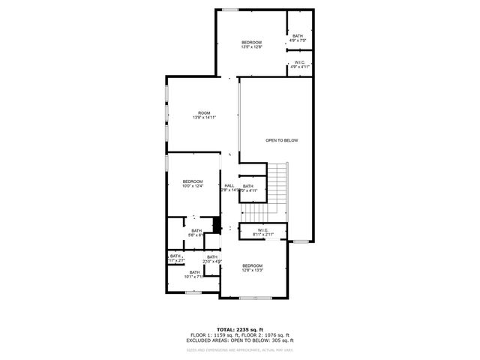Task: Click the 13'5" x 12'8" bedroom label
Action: click(252, 44)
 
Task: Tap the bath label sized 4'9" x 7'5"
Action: click(298, 37)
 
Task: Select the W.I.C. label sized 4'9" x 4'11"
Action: click(299, 64)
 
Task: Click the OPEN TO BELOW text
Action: click(282, 140)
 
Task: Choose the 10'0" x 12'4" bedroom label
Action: click(193, 184)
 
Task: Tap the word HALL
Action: click(229, 185)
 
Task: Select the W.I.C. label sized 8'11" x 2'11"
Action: click(263, 232)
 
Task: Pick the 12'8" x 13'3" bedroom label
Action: click(252, 268)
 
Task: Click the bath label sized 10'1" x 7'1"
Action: click(194, 274)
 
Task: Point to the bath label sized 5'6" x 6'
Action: click(196, 232)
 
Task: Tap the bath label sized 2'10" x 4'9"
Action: click(212, 259)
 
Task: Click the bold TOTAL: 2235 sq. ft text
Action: click(239, 329)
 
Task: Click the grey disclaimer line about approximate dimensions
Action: click(239, 349)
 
